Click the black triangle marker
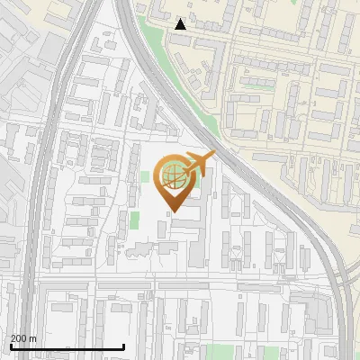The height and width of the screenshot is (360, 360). (181, 24)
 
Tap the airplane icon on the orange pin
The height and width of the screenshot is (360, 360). (199, 164)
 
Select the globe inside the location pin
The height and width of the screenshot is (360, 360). (174, 176)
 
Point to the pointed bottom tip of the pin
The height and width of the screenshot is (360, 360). (174, 212)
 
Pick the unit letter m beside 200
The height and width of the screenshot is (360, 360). (34, 338)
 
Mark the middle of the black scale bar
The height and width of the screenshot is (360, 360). (67, 347)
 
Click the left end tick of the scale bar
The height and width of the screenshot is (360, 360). (10, 346)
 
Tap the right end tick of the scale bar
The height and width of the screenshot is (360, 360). (123, 346)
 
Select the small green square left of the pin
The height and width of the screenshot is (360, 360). (144, 176)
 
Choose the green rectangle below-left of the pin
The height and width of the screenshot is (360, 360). (135, 220)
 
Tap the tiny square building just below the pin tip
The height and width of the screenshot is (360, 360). (162, 229)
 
